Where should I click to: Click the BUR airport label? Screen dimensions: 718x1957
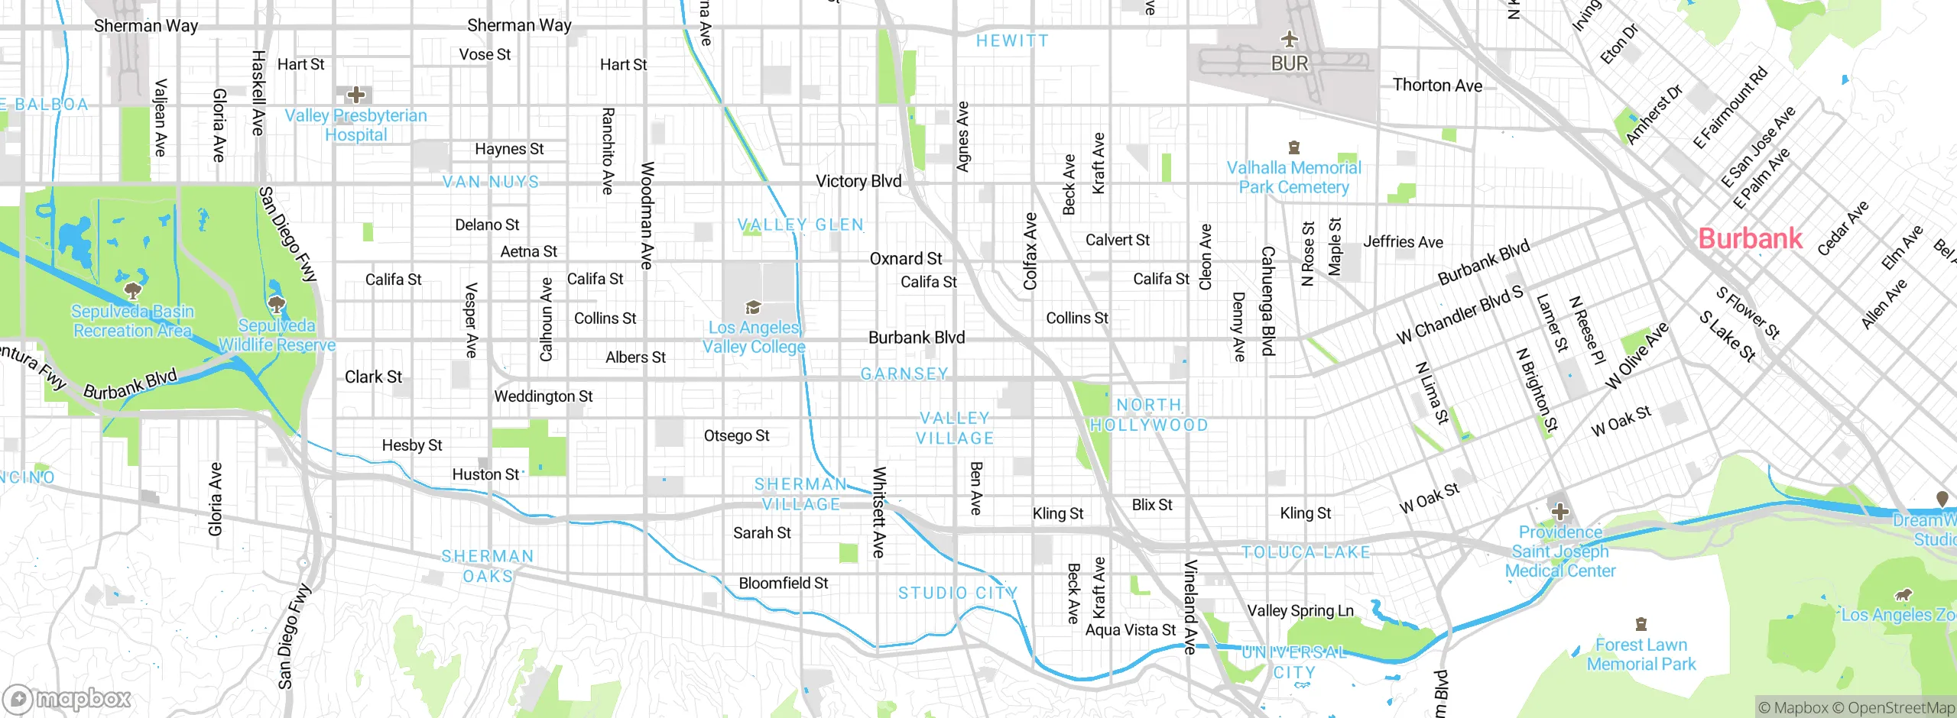pyautogui.click(x=1290, y=63)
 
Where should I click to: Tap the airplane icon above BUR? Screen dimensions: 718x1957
pyautogui.click(x=1290, y=39)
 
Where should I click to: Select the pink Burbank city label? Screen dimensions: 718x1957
pyautogui.click(x=1750, y=238)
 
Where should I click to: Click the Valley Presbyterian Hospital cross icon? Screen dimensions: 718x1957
pyautogui.click(x=356, y=95)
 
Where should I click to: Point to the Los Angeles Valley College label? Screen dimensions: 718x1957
pyautogui.click(x=754, y=337)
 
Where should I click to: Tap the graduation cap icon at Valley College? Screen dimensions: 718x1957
pyautogui.click(x=753, y=308)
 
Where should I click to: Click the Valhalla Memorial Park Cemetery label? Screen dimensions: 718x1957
pyautogui.click(x=1293, y=177)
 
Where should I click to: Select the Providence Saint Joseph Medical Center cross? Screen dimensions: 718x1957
pyautogui.click(x=1559, y=511)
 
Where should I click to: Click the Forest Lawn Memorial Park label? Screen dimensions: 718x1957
pyautogui.click(x=1641, y=655)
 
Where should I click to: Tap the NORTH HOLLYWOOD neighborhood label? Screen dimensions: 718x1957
pyautogui.click(x=1149, y=415)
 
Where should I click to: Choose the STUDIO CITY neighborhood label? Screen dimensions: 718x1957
pyautogui.click(x=958, y=593)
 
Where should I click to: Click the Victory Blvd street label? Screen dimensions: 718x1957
pyautogui.click(x=858, y=181)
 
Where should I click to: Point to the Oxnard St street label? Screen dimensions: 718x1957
pyautogui.click(x=906, y=259)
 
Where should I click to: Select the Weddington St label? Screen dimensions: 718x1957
pyautogui.click(x=543, y=396)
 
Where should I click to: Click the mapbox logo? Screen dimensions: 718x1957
pyautogui.click(x=67, y=699)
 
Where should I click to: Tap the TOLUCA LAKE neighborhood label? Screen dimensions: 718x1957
pyautogui.click(x=1306, y=551)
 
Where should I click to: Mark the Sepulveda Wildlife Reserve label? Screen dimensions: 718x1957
pyautogui.click(x=277, y=335)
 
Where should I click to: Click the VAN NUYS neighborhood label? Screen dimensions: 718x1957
pyautogui.click(x=491, y=182)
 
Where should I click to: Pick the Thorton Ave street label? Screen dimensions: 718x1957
pyautogui.click(x=1437, y=85)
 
